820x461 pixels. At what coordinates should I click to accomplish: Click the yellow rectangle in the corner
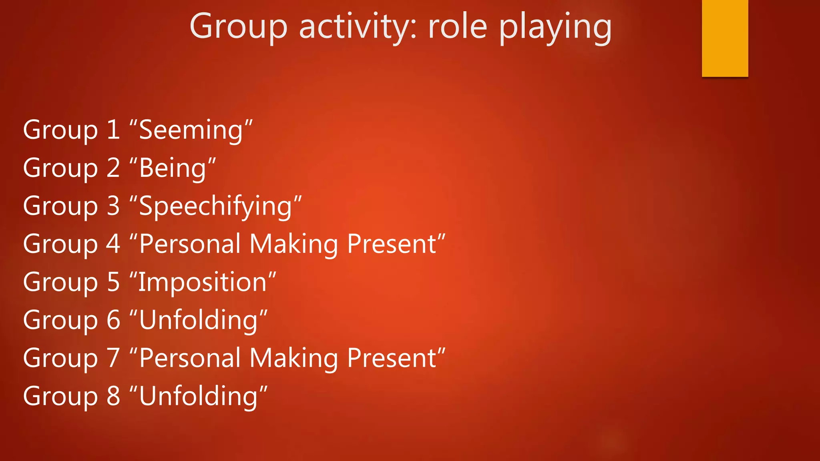click(x=725, y=38)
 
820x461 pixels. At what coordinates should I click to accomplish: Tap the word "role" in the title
click(x=458, y=27)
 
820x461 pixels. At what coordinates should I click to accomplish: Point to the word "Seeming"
click(x=191, y=130)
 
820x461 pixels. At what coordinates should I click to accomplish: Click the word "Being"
click(x=173, y=168)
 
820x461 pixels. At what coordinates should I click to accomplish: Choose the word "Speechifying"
click(x=215, y=206)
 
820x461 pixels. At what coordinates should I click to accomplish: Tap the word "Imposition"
click(x=202, y=283)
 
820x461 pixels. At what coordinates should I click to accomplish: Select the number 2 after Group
click(x=114, y=168)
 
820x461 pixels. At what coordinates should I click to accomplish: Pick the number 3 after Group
click(x=114, y=206)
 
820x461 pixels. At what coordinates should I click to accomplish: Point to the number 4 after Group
click(x=113, y=244)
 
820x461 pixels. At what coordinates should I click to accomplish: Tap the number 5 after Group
click(x=114, y=282)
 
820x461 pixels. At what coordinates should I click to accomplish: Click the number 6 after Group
click(x=114, y=320)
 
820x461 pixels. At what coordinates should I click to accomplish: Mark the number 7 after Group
click(x=114, y=358)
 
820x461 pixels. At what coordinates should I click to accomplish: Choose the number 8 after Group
click(x=114, y=396)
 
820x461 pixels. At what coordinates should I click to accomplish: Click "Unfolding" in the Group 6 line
click(x=198, y=320)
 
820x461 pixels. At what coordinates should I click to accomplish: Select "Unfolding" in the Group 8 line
click(x=198, y=396)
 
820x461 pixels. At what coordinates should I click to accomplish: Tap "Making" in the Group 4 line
click(x=293, y=245)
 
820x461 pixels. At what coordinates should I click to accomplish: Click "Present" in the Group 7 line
click(x=392, y=358)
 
